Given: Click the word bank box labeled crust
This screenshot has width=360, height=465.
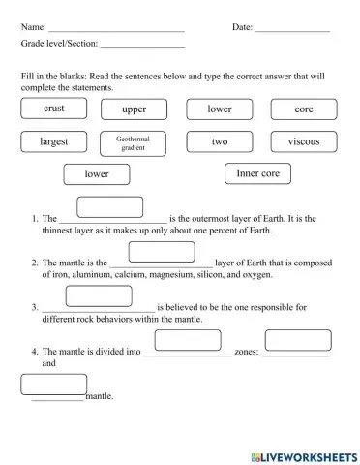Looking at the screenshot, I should (x=54, y=109).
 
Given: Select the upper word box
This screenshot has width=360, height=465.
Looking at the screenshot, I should (x=135, y=109).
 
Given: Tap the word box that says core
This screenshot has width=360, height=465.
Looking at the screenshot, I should (x=303, y=109).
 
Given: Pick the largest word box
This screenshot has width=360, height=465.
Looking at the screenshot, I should (x=54, y=141).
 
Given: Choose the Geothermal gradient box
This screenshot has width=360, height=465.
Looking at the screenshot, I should (x=134, y=142).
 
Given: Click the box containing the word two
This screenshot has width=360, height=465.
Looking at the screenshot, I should (x=219, y=141).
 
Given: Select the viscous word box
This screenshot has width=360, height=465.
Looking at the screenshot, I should (x=303, y=141).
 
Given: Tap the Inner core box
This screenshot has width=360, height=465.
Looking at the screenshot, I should (x=257, y=173).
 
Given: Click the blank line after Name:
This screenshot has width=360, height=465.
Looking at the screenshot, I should (x=116, y=29).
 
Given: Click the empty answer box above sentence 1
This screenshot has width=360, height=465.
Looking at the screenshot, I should (x=109, y=206).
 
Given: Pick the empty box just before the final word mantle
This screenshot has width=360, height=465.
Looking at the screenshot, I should (x=53, y=385).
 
